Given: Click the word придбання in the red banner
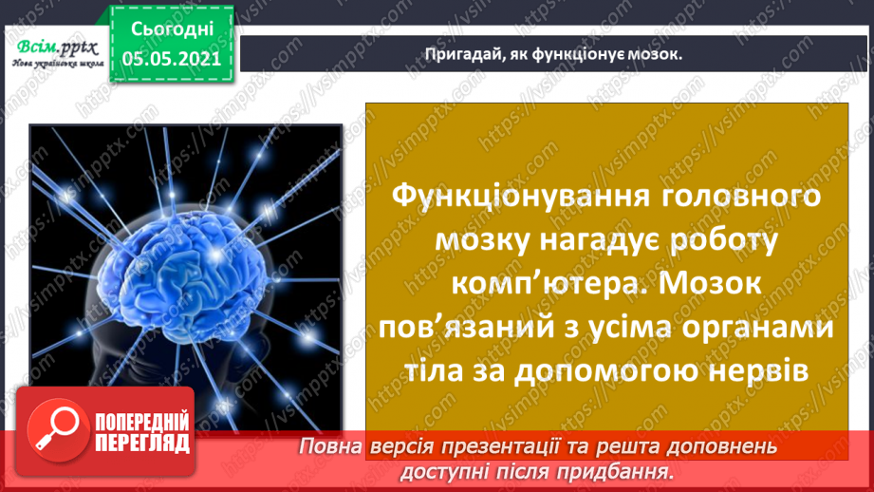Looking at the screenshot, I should click(x=623, y=470).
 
